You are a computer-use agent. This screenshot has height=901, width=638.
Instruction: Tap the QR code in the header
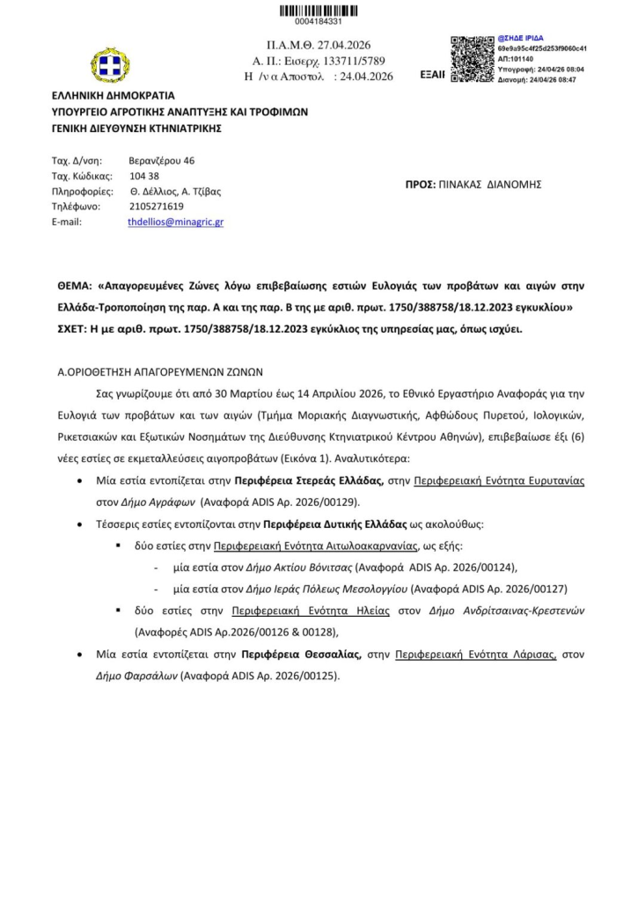click(x=472, y=59)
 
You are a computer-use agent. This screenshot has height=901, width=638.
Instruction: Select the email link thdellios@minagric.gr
click(x=175, y=223)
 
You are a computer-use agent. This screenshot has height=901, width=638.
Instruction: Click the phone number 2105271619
click(x=156, y=207)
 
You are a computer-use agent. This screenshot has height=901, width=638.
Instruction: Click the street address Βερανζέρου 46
click(x=161, y=160)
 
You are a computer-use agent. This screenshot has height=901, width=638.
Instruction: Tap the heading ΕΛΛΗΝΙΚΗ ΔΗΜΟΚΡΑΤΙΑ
click(x=114, y=96)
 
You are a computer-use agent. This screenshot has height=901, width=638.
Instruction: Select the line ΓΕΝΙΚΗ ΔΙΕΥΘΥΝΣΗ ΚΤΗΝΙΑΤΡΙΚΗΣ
click(x=136, y=128)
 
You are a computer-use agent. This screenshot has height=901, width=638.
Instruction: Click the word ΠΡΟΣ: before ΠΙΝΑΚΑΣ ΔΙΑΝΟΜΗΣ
click(x=422, y=185)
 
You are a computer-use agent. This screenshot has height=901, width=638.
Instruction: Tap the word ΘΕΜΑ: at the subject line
click(x=76, y=287)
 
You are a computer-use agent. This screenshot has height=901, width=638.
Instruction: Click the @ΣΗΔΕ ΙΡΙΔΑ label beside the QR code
click(x=524, y=39)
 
